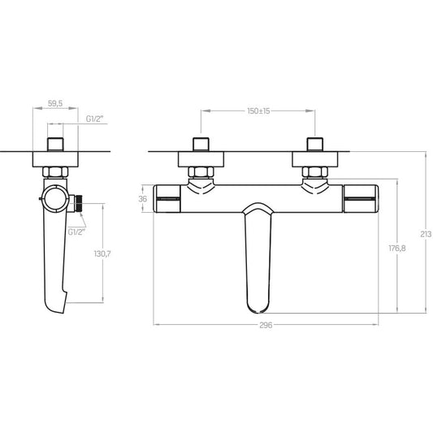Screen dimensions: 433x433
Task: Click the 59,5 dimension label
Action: [x=55, y=103]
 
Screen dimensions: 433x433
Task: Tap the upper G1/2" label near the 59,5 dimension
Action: [x=94, y=119]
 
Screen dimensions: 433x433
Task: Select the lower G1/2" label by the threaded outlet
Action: [x=76, y=232]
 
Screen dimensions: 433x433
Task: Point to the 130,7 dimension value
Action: [x=102, y=253]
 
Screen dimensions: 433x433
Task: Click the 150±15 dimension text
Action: [x=258, y=110]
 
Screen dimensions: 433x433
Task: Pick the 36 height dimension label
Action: [x=142, y=198]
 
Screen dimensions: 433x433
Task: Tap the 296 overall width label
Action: [x=266, y=325]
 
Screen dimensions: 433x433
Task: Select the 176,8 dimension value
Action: [x=397, y=249]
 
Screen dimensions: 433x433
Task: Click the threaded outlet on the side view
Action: [x=79, y=204]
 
